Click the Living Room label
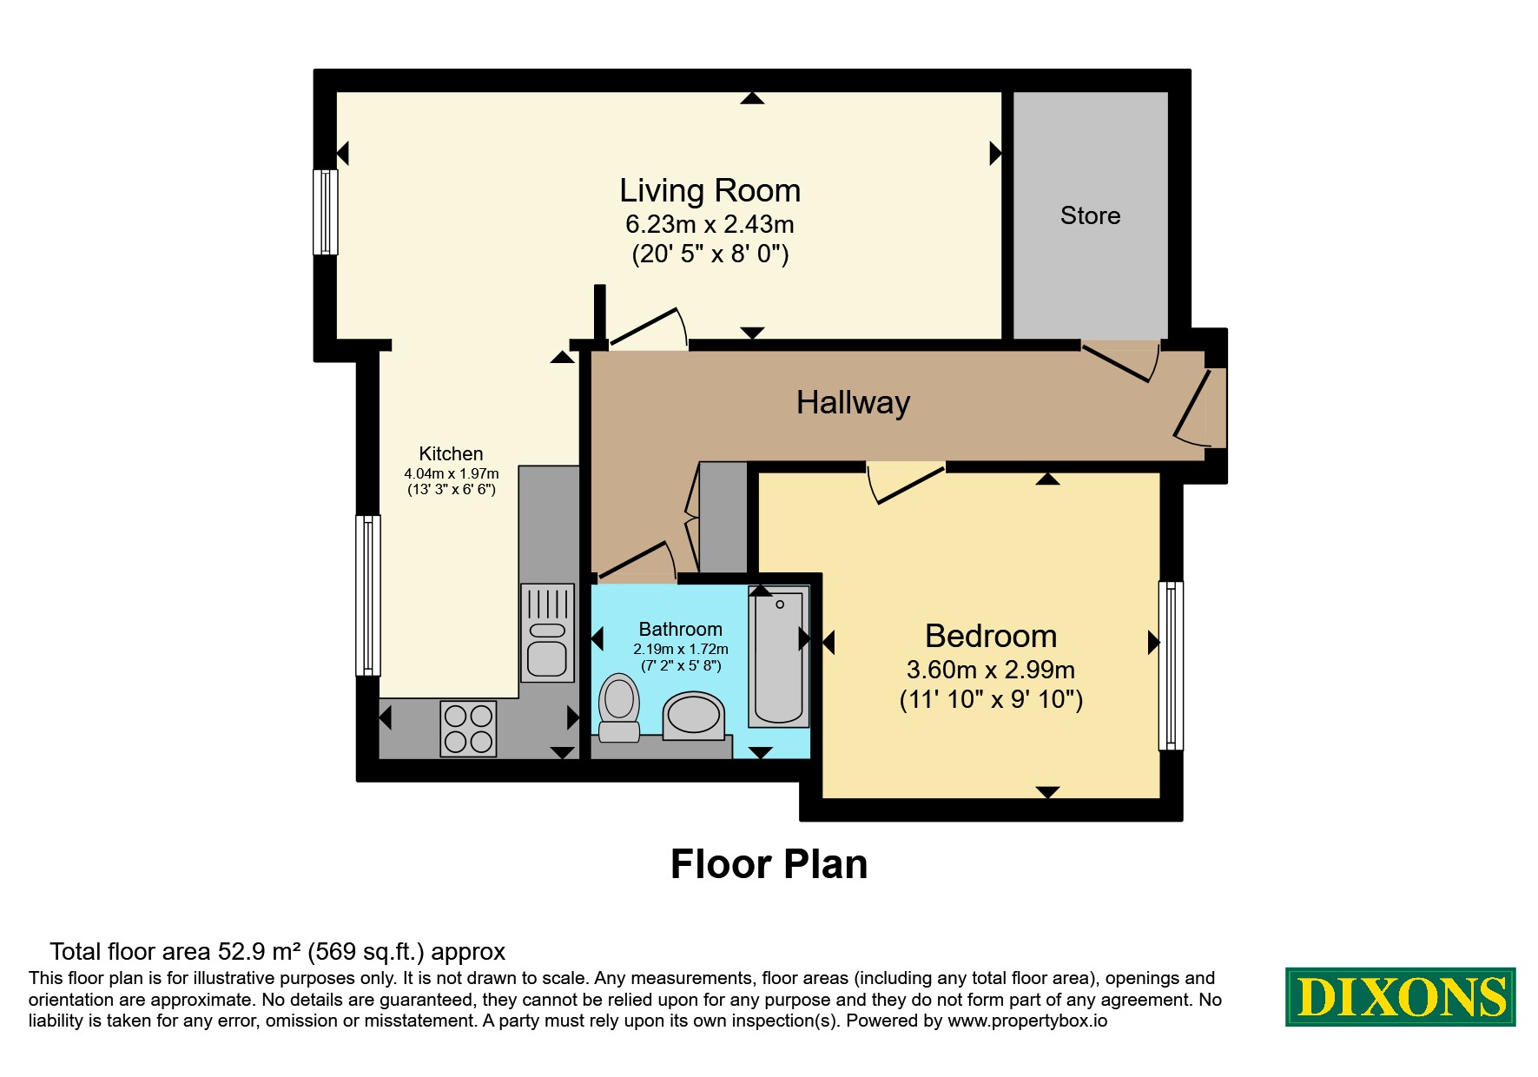coord(710,190)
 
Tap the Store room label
coord(1090,215)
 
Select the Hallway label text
coord(853,403)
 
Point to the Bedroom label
coord(991,636)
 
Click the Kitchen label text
coord(451,453)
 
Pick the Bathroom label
coord(680,629)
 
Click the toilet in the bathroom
coord(619,707)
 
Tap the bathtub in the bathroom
coord(779,656)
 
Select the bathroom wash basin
coord(693,716)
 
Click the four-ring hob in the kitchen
coord(469,728)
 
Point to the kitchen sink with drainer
coord(547,632)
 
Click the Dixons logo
coord(1400,996)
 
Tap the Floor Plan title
coord(769,864)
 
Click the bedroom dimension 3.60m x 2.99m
coord(991,670)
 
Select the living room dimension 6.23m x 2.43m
coord(710,224)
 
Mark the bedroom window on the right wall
coord(1172,665)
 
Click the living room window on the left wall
coord(326,212)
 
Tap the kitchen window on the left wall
coord(368,595)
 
